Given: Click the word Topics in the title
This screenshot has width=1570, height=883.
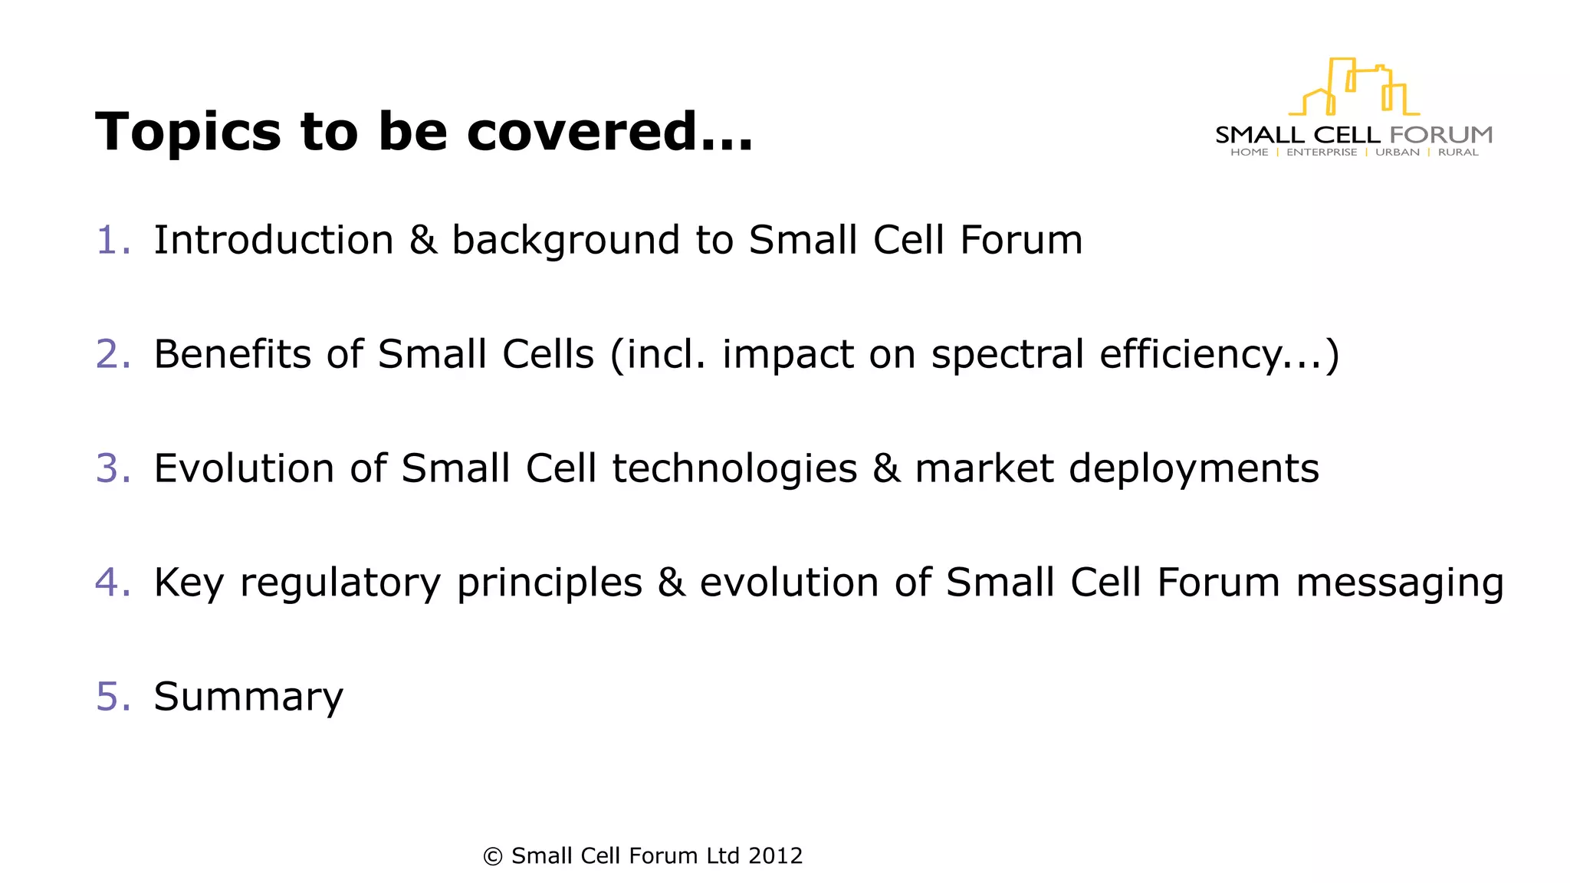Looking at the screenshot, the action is coord(189,133).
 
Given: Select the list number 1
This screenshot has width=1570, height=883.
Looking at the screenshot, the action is coord(112,240).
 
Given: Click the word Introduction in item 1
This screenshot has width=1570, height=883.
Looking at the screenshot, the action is coord(274,240).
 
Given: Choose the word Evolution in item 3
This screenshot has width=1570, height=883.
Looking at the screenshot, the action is coord(244,468).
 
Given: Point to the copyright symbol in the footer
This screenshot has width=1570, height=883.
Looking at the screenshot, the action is coord(493,856).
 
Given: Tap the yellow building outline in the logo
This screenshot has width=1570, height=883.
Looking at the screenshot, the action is coord(1355,87).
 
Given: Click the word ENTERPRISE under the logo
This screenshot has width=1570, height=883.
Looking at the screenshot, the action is coord(1322,153).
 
